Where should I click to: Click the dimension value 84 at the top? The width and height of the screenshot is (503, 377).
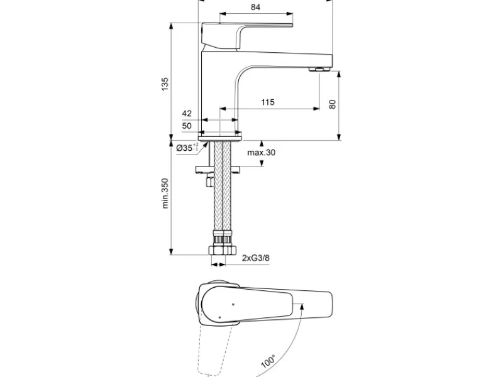tap(255, 7)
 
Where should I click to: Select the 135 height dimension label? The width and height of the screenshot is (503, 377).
tap(165, 84)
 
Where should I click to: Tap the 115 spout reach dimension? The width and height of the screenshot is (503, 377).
tap(268, 102)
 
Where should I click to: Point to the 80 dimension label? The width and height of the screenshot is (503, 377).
tap(333, 104)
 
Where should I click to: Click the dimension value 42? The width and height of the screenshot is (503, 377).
tap(187, 114)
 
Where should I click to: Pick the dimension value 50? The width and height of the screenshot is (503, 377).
tap(187, 126)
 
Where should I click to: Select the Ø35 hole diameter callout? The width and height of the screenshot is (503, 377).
tap(187, 148)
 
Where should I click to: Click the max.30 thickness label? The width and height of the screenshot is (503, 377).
tap(261, 152)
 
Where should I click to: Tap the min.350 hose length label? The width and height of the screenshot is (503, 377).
tap(165, 194)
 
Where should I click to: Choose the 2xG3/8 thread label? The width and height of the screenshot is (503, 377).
tap(256, 258)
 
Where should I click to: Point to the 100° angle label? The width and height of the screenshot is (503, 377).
tap(268, 361)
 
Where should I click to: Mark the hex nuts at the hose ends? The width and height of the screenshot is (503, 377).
tap(223, 250)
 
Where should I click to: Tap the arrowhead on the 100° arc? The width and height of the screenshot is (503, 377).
tap(302, 307)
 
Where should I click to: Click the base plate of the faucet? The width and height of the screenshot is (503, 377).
tap(219, 138)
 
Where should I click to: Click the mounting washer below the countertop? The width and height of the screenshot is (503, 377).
tap(218, 169)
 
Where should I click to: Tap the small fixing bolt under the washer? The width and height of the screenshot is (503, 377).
tap(210, 182)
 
